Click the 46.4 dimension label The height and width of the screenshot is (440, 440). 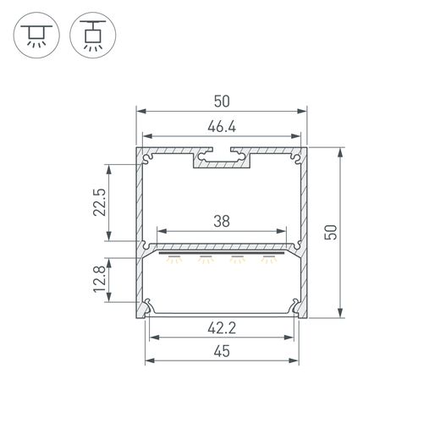coord(222,127)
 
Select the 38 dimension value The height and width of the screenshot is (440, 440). coord(222,221)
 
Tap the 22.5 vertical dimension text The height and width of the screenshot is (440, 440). coord(100,202)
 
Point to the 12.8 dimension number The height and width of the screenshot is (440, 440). coord(100,279)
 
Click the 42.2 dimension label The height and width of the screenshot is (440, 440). coord(222,328)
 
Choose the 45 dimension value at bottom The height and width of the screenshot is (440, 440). coord(222,351)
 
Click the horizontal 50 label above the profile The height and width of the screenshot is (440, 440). coord(222,102)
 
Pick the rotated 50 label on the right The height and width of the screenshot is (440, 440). coord(331,233)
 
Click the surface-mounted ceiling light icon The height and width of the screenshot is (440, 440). coord(36,36)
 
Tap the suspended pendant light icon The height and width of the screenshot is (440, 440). coord(93,36)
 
